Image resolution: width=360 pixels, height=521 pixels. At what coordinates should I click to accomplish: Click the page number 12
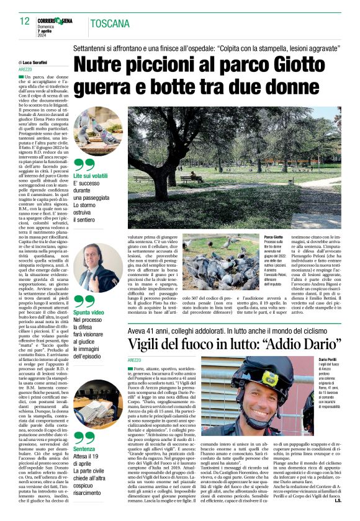(24, 21)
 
